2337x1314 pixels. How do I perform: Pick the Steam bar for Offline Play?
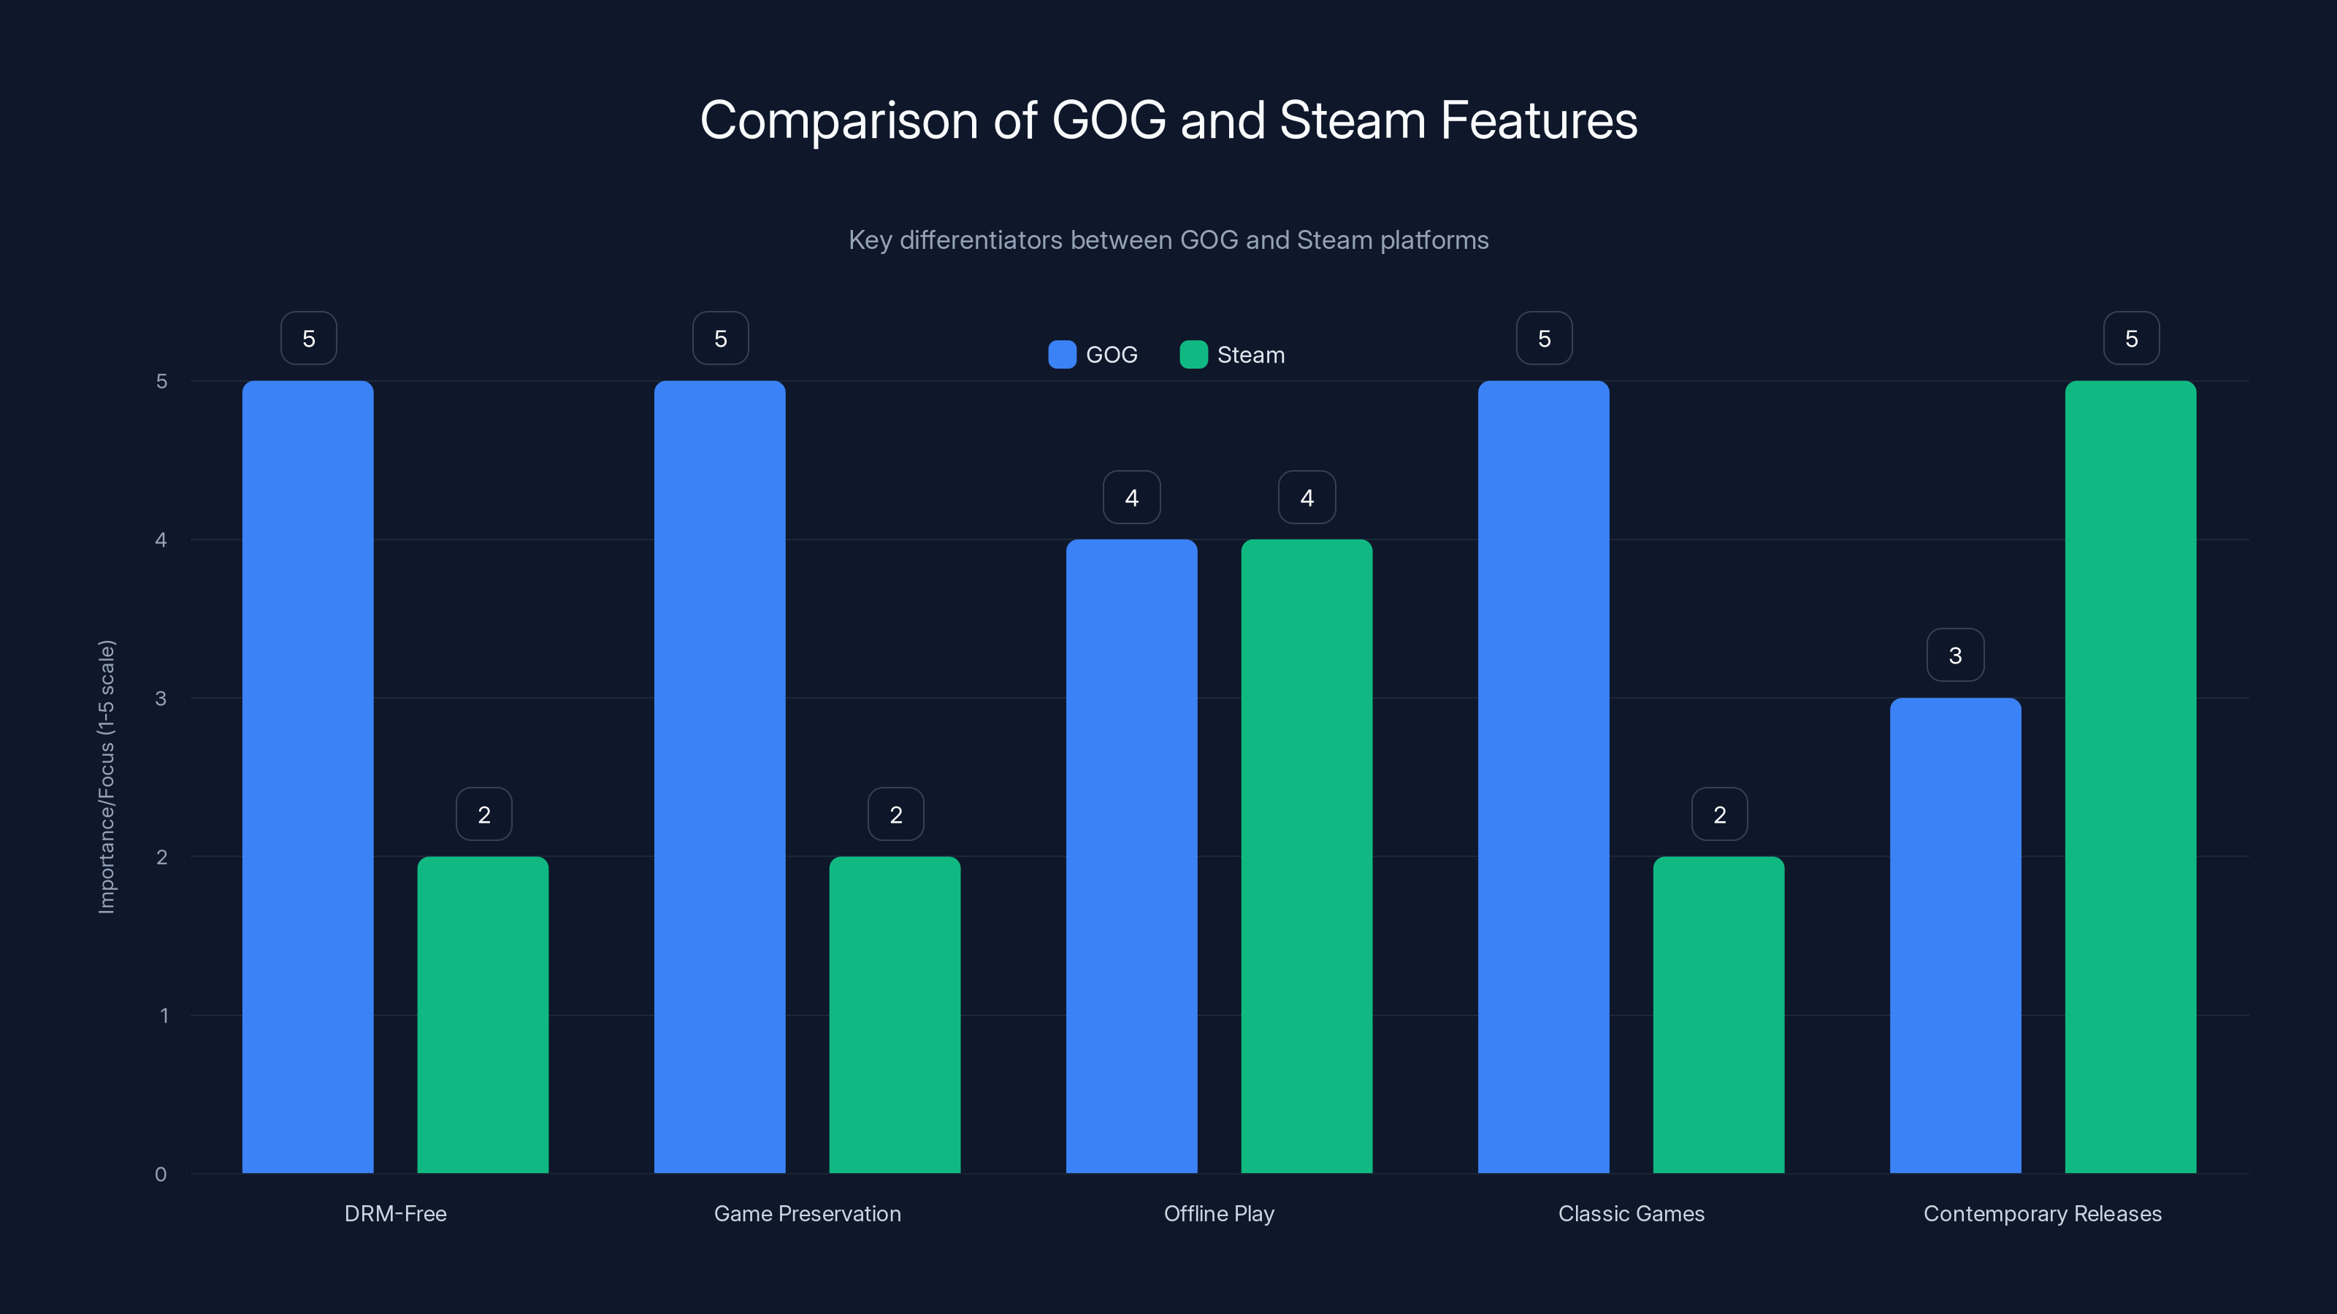(1307, 856)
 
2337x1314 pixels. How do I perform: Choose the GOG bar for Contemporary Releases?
(1955, 935)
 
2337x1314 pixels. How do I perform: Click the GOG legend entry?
(1093, 355)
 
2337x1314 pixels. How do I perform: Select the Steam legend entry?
(1232, 355)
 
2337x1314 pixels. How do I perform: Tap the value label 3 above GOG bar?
(1955, 656)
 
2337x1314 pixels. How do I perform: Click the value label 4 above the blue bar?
(1131, 497)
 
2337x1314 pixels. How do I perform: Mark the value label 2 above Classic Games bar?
(1719, 815)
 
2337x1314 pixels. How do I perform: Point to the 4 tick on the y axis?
(161, 539)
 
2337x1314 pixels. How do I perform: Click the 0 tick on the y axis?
(161, 1175)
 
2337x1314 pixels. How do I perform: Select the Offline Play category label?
(1218, 1213)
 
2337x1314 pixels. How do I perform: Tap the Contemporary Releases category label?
(2042, 1213)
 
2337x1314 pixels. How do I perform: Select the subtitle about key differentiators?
(1168, 240)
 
